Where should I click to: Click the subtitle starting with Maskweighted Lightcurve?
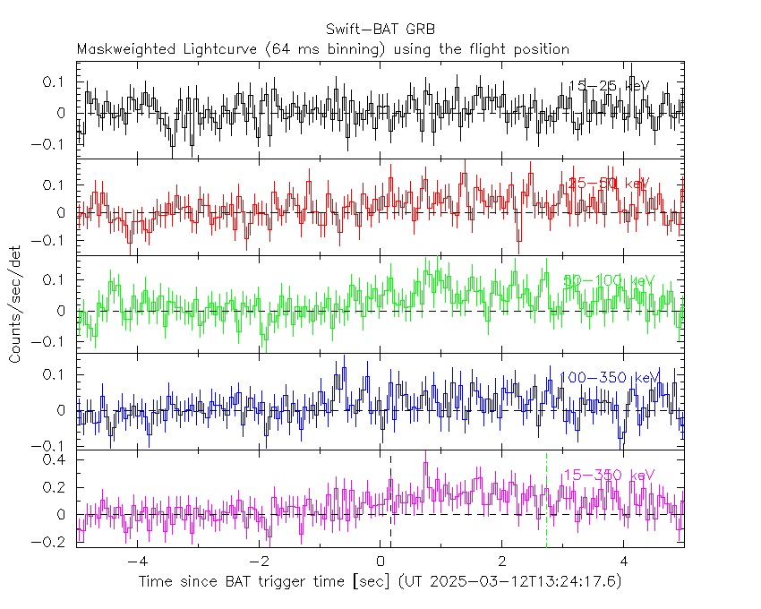click(x=322, y=49)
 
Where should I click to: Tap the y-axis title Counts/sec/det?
click(x=16, y=304)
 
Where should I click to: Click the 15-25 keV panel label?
click(x=608, y=86)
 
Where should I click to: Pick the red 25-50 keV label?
click(x=608, y=184)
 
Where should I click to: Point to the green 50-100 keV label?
click(x=610, y=281)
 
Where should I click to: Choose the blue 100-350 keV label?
click(x=609, y=377)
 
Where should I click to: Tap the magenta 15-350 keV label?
click(x=609, y=475)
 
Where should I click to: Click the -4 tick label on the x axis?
click(x=135, y=561)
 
